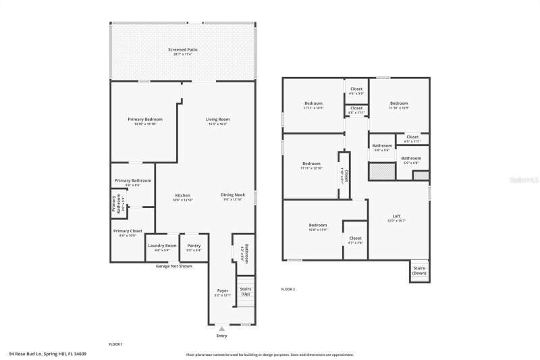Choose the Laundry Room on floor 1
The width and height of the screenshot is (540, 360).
162,247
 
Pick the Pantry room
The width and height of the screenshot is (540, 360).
194,247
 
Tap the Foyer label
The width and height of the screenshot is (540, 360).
223,292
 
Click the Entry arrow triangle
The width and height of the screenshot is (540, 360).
221,328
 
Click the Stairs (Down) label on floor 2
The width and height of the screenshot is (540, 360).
419,271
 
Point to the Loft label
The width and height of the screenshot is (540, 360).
396,218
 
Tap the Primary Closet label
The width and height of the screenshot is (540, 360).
128,233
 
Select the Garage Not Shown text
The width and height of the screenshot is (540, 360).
174,266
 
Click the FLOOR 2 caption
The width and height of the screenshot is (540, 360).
288,289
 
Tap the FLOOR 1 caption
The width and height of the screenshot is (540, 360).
115,344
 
